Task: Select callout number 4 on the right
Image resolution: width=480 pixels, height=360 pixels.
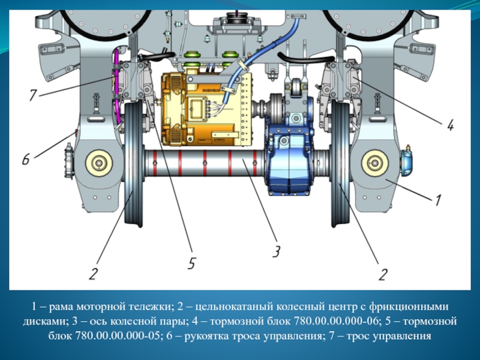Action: (x=449, y=125)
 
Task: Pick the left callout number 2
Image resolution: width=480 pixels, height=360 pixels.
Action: (x=93, y=274)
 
